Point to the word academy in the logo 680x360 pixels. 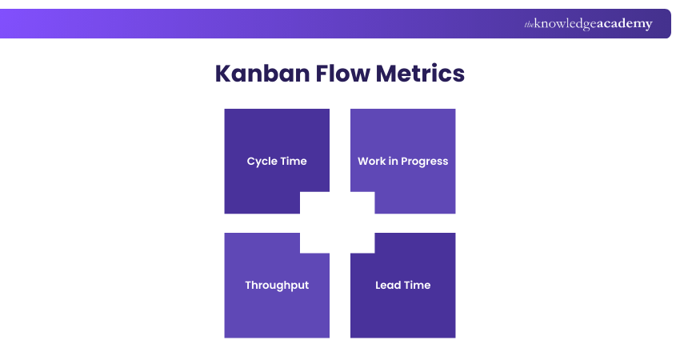[x=625, y=24]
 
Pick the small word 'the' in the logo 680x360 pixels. [x=529, y=25]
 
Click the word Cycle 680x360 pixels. [x=262, y=161]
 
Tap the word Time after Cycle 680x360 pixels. [x=294, y=161]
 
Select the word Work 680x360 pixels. [x=371, y=161]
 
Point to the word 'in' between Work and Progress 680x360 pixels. [x=394, y=161]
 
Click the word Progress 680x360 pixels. [x=425, y=162]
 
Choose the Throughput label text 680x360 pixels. [x=277, y=286]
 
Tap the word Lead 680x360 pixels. [x=388, y=286]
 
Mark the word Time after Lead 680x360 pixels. [x=418, y=286]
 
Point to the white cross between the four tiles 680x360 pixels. [x=340, y=223]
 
